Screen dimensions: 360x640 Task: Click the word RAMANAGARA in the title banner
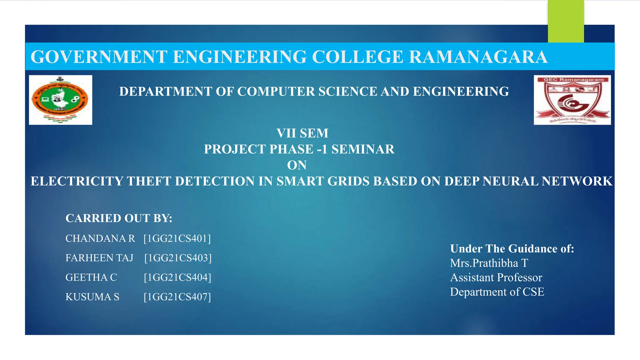pos(478,57)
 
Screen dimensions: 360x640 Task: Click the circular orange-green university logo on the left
pos(60,100)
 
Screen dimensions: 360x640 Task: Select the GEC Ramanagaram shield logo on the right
pos(572,100)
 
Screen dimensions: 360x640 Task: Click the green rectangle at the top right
pos(566,21)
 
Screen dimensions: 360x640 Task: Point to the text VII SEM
pos(302,133)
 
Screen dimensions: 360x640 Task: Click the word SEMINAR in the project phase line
pos(363,149)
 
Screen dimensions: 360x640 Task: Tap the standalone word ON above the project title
pos(297,165)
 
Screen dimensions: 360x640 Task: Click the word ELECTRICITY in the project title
pos(77,181)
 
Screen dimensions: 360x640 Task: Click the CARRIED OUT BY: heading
pos(119,218)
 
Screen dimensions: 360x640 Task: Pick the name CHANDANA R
pos(100,238)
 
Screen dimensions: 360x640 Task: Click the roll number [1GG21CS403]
pos(178,258)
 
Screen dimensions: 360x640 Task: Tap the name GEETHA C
pos(91,277)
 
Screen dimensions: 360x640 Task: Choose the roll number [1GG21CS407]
pos(177,297)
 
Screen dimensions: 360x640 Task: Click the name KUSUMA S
pos(92,297)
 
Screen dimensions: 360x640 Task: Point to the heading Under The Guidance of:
pos(512,249)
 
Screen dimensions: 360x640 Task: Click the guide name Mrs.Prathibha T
pos(489,263)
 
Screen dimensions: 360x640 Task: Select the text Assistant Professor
pos(496,277)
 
